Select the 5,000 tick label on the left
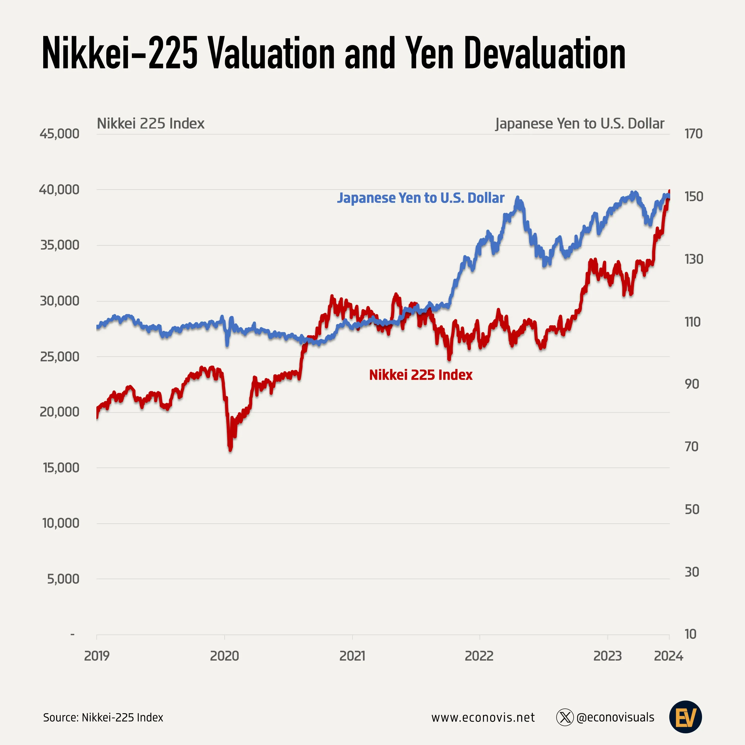coord(63,579)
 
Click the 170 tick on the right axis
coord(693,134)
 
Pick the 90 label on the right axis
coord(692,384)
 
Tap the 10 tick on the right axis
coord(691,634)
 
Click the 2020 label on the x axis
coord(224,656)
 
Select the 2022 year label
coord(479,656)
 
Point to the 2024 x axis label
coord(668,656)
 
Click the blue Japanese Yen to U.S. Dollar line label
coord(421,198)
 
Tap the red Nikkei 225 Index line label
coord(421,375)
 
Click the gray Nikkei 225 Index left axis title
coord(150,123)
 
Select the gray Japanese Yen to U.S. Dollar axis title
coord(580,123)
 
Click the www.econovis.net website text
coord(483,717)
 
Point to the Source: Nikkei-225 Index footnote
coord(103,717)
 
